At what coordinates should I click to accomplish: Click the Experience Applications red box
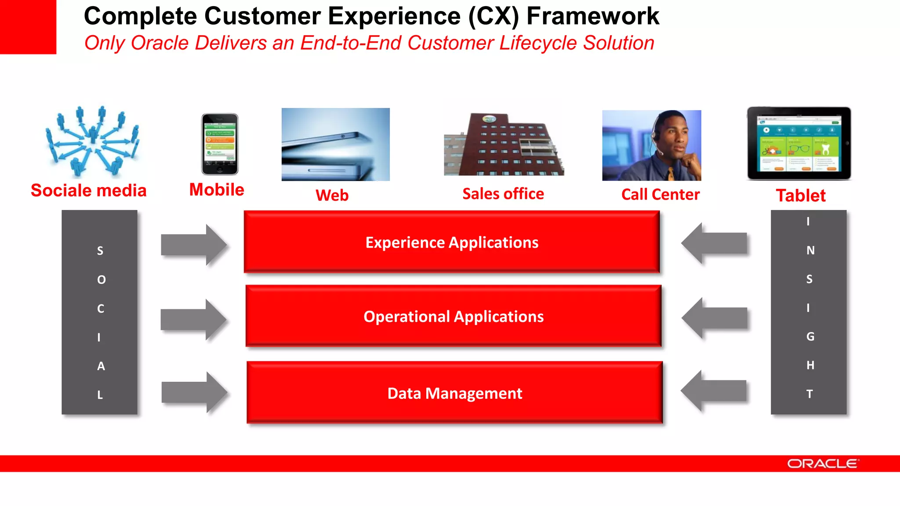(452, 242)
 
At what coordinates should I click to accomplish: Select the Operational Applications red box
(454, 316)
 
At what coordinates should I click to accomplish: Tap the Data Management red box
(454, 393)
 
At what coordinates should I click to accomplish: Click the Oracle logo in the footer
(822, 464)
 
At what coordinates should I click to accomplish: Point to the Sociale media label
(88, 191)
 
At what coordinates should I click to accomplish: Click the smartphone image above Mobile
(220, 144)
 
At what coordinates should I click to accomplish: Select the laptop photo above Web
(335, 145)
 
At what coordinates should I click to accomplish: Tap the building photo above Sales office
(504, 145)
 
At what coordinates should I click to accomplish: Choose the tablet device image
(799, 143)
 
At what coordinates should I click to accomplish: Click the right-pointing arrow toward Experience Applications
(193, 245)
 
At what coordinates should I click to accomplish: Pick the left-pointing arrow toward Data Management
(714, 391)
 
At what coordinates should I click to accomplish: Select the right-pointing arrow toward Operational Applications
(193, 319)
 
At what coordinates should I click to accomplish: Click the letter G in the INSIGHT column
(810, 336)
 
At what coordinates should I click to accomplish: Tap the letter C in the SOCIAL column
(101, 309)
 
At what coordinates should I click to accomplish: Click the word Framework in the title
(592, 17)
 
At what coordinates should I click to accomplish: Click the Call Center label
(660, 195)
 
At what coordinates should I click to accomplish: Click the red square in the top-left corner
(28, 27)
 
